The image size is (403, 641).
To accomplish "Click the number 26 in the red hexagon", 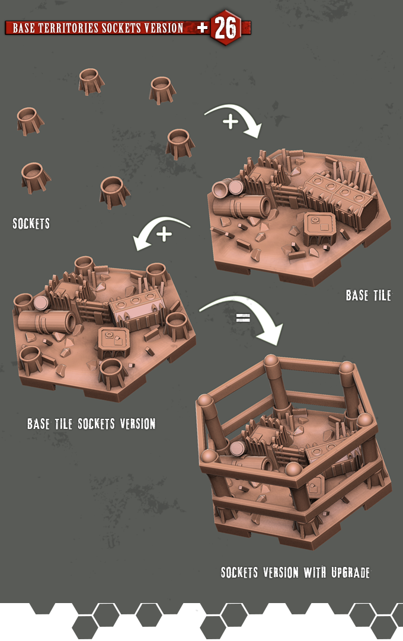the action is pos(225,28).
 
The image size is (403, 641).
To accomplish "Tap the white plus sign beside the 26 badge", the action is pos(203,27).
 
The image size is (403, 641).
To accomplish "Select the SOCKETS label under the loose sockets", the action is pos(31,223).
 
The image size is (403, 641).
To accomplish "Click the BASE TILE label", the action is pos(368,295).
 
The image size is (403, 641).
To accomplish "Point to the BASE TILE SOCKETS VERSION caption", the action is pos(91,424).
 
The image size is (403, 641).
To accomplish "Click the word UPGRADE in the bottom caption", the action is pos(351,572).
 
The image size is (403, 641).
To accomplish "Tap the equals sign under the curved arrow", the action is pos(243,317).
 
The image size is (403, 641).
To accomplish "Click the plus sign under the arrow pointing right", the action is pos(231,121).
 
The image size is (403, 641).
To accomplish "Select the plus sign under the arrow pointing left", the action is pos(164,234).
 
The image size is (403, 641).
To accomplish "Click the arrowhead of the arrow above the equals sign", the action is pos(270,333).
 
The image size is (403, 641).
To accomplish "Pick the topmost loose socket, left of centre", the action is pos(91,81).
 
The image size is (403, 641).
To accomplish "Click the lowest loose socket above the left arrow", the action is pos(114,191).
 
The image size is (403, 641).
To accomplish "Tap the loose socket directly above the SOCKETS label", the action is pos(36,177).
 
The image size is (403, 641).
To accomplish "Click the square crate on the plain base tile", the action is pos(319,228).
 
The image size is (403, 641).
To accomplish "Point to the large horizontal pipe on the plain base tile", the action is pos(242,206).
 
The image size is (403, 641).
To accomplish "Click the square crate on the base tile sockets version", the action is pos(114,342).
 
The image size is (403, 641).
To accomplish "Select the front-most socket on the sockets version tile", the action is pos(111,373).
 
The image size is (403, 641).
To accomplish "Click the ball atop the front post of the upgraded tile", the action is pos(293,469).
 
